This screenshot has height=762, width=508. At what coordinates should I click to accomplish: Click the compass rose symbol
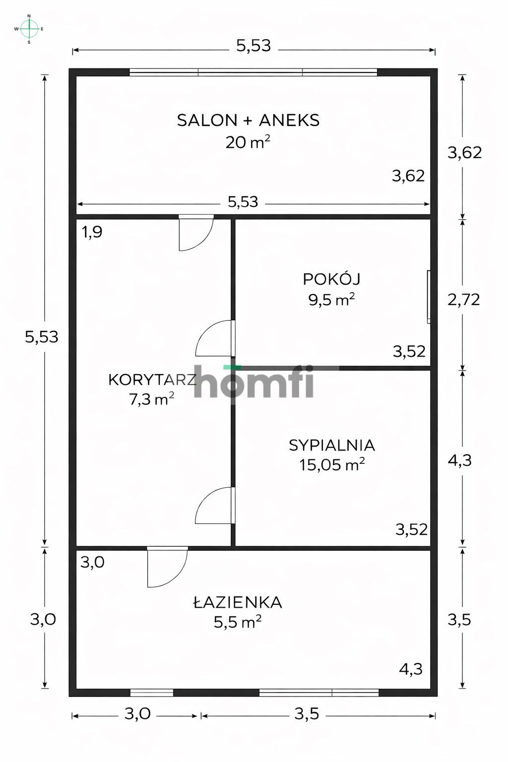[29, 29]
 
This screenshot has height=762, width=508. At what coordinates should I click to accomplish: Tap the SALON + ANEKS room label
[248, 120]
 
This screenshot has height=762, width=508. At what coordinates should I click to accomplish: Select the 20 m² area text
[248, 142]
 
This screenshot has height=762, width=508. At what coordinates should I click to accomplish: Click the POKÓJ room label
[331, 279]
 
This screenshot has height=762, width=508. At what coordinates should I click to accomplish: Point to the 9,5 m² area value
[331, 300]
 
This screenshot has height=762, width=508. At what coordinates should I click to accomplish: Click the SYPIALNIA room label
[332, 445]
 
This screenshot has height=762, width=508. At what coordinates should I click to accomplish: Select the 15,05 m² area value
[332, 465]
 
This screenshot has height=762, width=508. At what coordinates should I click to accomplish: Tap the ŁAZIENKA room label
[238, 602]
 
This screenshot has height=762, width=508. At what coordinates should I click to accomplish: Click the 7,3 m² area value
[151, 399]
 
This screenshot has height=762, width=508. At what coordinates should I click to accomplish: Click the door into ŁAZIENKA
[167, 566]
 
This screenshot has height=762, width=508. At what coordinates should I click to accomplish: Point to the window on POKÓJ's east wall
[429, 297]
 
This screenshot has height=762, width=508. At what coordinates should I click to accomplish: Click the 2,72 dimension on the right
[463, 300]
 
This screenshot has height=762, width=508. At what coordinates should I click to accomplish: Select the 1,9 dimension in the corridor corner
[92, 232]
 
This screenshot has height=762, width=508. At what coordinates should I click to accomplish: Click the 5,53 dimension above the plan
[254, 46]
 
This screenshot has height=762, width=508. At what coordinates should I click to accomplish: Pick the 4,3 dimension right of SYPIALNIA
[459, 460]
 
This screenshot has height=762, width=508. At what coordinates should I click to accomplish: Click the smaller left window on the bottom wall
[151, 693]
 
